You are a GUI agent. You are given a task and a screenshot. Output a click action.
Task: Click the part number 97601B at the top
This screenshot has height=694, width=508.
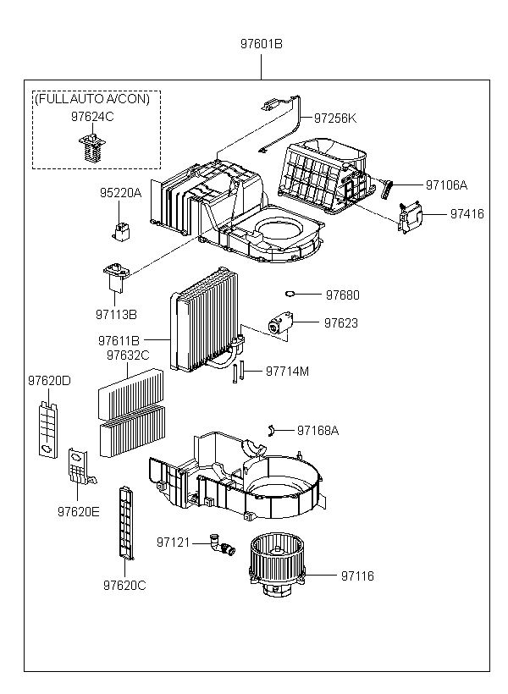262,44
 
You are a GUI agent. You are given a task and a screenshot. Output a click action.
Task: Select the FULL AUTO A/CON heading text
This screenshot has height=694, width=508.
92,98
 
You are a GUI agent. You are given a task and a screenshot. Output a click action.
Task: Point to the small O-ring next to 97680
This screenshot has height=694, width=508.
290,293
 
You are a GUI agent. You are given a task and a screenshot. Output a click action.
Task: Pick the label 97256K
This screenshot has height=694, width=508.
335,118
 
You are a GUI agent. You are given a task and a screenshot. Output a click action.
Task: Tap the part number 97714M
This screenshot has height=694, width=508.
287,371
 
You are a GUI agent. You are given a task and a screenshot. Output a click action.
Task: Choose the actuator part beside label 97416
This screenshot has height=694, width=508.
410,218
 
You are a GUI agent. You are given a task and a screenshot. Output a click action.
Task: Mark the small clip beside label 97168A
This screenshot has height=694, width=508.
272,430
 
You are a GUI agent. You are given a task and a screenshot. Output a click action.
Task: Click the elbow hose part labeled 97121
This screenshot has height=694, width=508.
222,545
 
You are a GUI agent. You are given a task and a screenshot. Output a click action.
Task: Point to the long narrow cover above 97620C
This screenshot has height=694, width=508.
126,522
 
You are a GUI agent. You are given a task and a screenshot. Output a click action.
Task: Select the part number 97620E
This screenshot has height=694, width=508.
79,512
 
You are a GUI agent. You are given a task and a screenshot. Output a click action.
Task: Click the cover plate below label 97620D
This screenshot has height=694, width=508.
47,429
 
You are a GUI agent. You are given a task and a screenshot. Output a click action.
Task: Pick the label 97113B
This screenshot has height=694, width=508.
116,314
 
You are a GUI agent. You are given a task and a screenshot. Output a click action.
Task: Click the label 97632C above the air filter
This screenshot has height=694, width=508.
128,355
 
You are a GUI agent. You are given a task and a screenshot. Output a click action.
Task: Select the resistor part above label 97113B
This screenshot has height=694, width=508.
116,277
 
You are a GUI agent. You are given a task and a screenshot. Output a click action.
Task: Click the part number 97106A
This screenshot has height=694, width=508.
446,185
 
